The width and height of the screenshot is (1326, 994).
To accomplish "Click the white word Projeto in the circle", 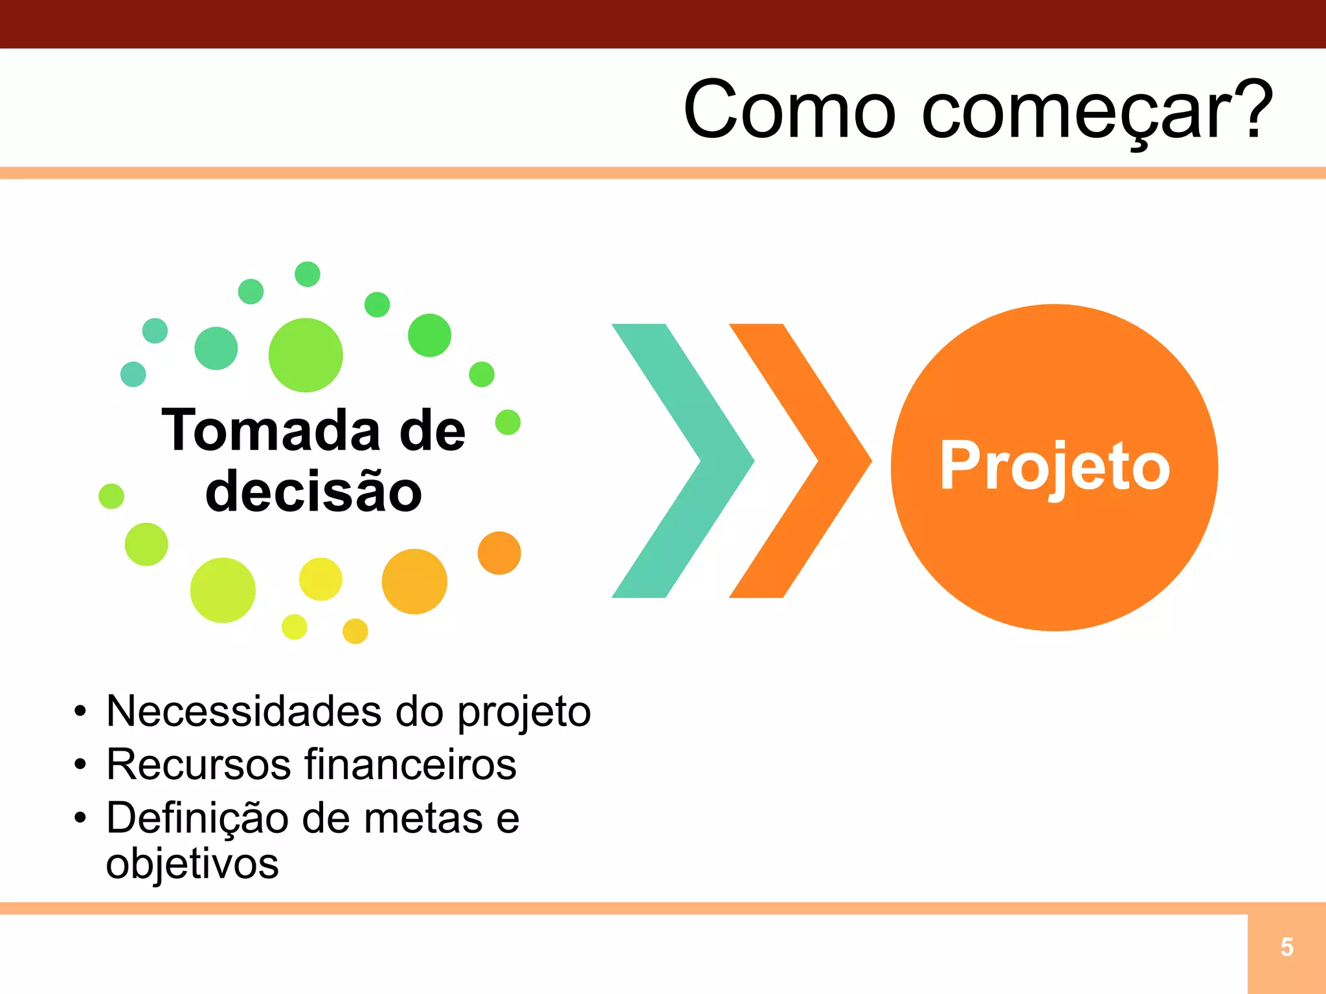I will point(1055,466).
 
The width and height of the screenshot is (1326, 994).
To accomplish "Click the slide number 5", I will point(1287,947).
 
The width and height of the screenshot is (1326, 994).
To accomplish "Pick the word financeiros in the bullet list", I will point(410,764).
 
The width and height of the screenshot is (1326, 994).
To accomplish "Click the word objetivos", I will point(192,864).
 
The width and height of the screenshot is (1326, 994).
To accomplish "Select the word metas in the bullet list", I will point(423,818).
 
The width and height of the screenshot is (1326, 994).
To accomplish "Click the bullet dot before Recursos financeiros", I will point(80,765).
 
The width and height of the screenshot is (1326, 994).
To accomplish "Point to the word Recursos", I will point(198,764).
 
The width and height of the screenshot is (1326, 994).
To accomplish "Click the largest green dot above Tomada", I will point(306,355).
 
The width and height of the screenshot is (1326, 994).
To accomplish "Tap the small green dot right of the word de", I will point(508,423).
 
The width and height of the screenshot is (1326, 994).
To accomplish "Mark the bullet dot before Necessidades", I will point(80,712).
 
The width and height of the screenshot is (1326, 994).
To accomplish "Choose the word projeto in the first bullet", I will point(524,712).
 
